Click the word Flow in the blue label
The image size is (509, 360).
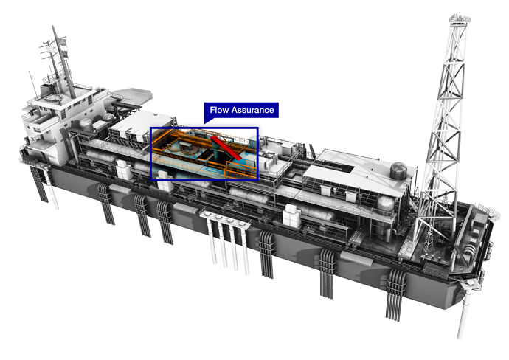click(219, 111)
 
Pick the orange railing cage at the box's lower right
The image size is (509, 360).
click(240, 169)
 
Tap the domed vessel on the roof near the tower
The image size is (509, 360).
click(398, 170)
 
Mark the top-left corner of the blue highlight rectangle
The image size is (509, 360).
click(151, 129)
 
